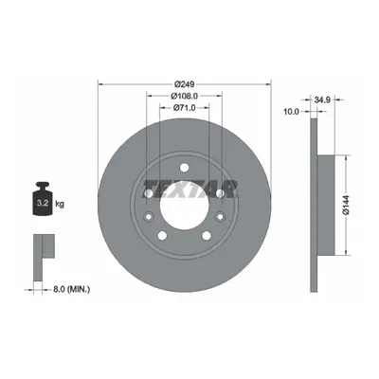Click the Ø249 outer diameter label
coord(185,84)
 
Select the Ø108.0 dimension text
coord(185,96)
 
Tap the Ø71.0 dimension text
coord(185,108)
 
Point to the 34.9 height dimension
coord(322,100)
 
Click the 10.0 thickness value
coord(291,112)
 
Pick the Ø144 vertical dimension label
coord(347,205)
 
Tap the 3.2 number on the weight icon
coord(43,203)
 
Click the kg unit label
coord(60,204)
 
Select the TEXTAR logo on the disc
coord(189,189)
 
